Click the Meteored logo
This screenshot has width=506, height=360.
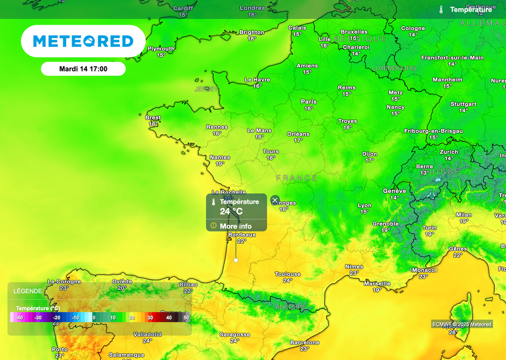[83, 41]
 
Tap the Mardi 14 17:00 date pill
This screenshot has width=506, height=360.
[83, 69]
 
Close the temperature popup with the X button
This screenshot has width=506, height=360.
[275, 200]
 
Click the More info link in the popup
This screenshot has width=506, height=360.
[236, 226]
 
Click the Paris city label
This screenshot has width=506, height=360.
[309, 102]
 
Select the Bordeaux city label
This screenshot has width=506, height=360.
[242, 235]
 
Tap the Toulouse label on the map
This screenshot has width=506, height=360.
[288, 274]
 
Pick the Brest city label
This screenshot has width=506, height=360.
[153, 118]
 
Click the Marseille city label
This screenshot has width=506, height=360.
[377, 283]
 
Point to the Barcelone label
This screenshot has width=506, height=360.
[305, 342]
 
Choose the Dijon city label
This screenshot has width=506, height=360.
[369, 154]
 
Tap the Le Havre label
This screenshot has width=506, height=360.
[257, 80]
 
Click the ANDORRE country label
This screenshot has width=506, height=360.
[291, 307]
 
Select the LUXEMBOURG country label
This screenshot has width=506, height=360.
[394, 68]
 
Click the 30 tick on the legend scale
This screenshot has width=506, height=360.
[150, 318]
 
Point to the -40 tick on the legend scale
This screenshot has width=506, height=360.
[20, 318]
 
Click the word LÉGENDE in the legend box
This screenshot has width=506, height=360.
[28, 291]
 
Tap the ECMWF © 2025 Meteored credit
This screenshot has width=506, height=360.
[462, 324]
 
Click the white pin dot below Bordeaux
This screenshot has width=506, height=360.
[236, 260]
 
